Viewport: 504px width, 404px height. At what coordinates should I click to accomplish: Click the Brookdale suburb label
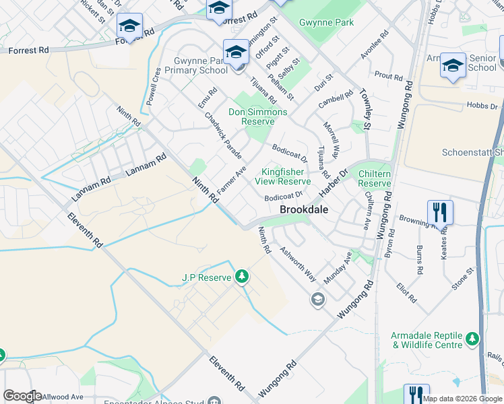(x=304, y=209)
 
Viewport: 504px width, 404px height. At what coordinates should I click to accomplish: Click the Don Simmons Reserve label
(x=257, y=117)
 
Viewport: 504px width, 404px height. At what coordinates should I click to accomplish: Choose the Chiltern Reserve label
(x=375, y=178)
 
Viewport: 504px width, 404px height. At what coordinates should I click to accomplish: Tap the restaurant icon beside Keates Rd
(x=439, y=211)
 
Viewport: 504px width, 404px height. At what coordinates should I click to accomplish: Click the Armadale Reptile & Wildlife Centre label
(x=427, y=340)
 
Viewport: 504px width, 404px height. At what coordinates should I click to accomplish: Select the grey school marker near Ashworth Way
(x=317, y=299)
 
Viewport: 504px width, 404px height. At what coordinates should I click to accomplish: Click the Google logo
(x=22, y=396)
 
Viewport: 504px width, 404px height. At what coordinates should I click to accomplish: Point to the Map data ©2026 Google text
(x=462, y=399)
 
